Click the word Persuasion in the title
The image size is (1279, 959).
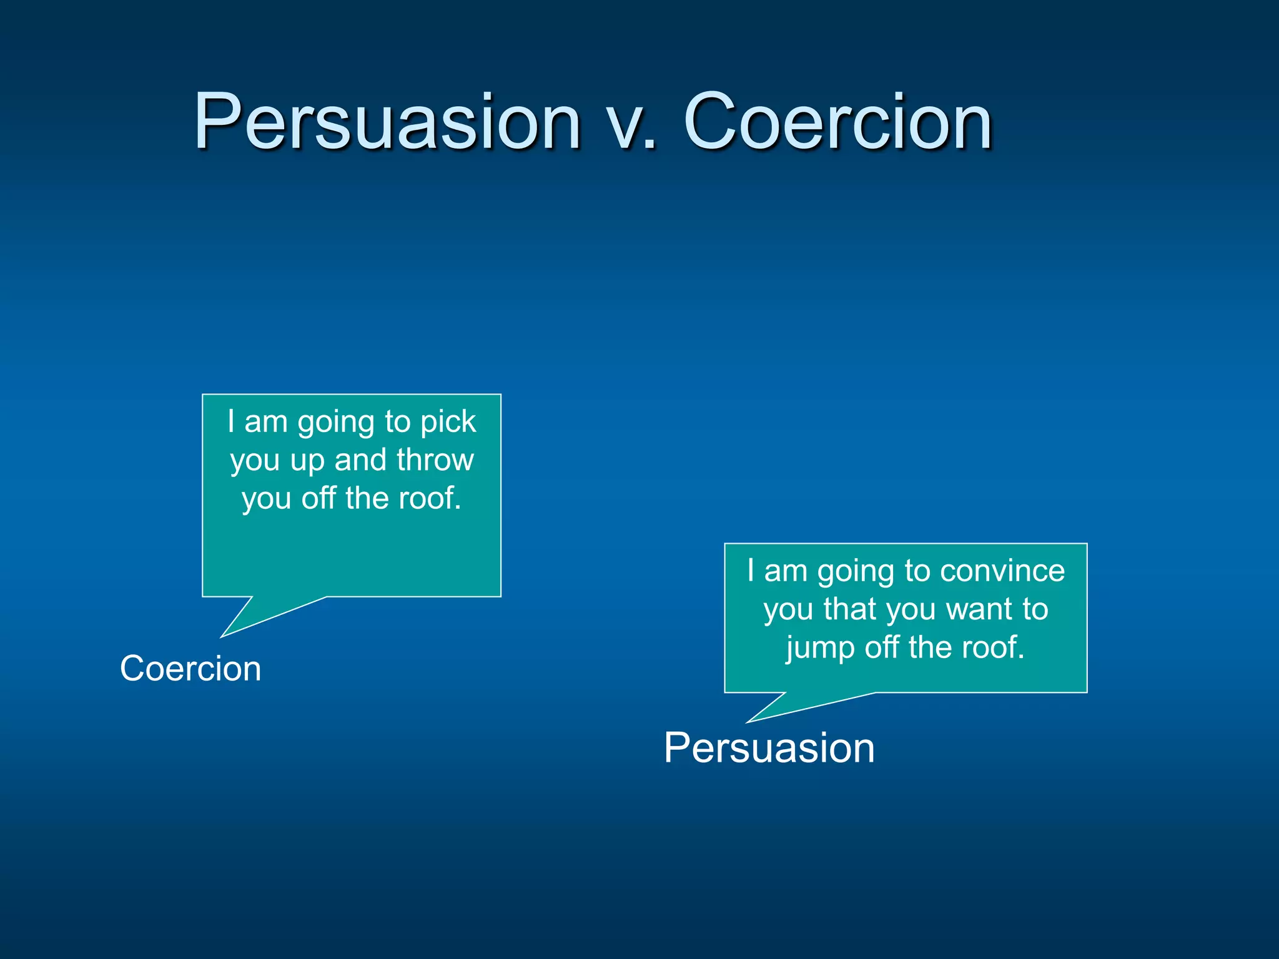click(387, 122)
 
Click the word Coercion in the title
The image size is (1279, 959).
click(838, 122)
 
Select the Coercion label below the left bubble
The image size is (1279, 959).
click(190, 669)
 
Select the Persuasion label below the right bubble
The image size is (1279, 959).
click(769, 748)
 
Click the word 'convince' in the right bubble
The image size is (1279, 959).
click(1002, 571)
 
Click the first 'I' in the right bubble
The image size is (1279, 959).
click(751, 571)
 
